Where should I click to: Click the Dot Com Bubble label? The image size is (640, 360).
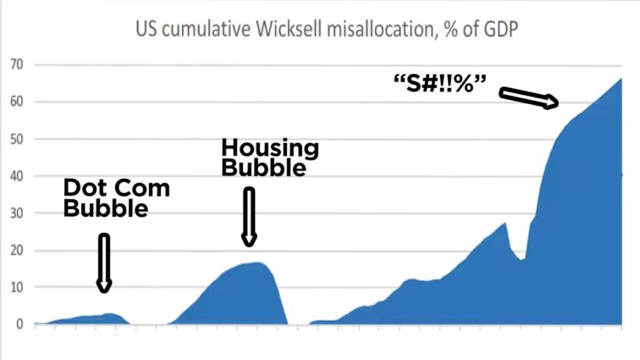[116, 198]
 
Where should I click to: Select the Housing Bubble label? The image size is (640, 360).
[270, 158]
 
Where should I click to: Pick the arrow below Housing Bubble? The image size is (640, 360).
[249, 217]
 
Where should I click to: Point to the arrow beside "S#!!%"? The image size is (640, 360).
[528, 98]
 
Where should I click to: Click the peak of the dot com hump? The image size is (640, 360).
[109, 313]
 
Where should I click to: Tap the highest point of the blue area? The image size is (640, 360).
[621, 79]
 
